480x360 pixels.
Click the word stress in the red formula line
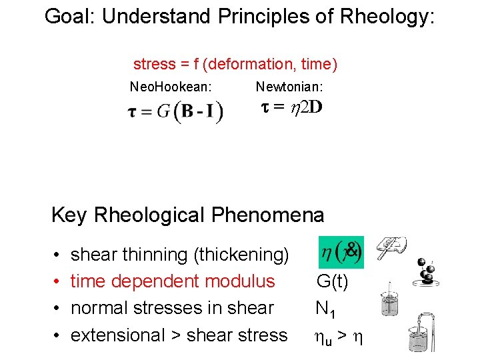click(x=154, y=65)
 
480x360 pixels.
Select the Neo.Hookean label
click(x=171, y=87)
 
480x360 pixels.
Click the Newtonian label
click(x=289, y=87)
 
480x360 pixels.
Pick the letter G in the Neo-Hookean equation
click(x=163, y=111)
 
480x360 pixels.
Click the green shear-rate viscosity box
click(x=341, y=251)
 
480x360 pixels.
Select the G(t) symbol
click(x=332, y=281)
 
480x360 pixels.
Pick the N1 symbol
click(x=325, y=309)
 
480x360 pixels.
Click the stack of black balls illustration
click(x=427, y=270)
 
